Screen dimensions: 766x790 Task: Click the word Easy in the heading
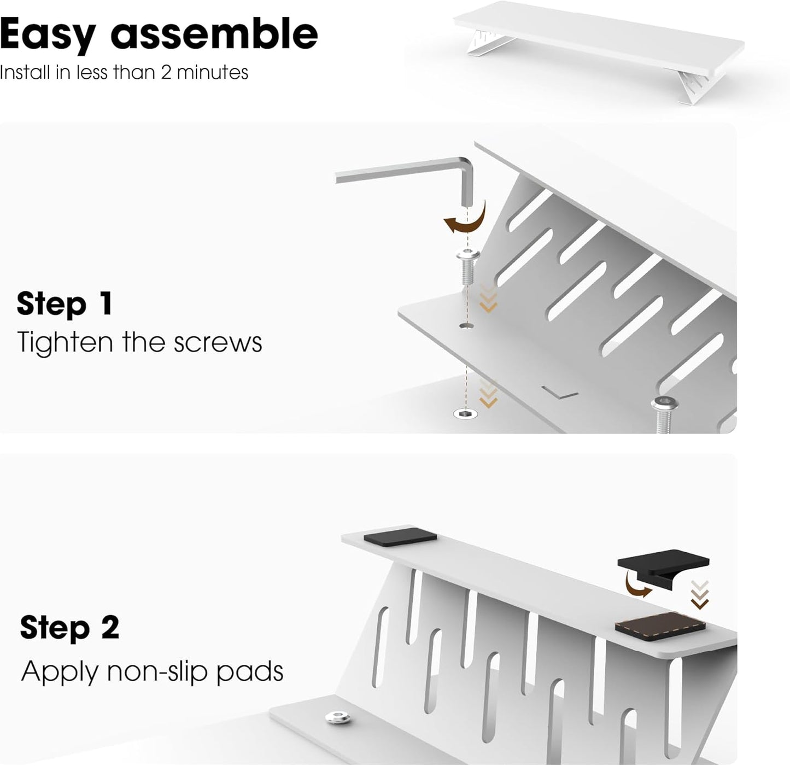click(46, 34)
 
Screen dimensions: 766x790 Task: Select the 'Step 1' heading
click(65, 303)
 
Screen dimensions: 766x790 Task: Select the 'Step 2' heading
click(69, 627)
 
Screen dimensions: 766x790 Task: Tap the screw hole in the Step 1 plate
click(466, 326)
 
